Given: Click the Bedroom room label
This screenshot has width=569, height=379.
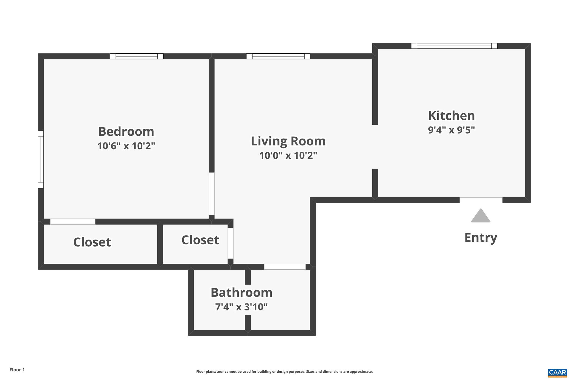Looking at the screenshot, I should (126, 132).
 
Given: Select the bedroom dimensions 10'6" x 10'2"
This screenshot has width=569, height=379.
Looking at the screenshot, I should (126, 146).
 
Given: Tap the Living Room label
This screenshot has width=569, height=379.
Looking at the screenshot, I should (288, 141).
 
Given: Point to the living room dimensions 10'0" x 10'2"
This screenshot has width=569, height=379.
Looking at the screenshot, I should (288, 156).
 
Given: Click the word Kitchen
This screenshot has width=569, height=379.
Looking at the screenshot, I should (451, 116).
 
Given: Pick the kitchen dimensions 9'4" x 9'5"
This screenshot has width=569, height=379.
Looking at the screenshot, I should (451, 130).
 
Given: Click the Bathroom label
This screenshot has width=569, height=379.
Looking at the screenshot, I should (241, 293).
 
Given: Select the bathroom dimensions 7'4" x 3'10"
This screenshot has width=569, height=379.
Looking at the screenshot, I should (241, 307).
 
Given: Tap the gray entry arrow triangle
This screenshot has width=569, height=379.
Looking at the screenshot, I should (481, 216).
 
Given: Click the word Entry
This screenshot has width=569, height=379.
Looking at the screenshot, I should (481, 238).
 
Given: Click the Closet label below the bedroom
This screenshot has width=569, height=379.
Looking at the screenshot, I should (92, 242).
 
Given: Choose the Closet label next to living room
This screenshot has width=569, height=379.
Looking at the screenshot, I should (200, 240).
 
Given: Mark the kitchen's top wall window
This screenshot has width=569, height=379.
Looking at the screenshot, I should (454, 46).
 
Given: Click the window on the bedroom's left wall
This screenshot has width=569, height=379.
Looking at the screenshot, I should (41, 159).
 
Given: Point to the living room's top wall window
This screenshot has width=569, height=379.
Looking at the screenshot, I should (278, 56).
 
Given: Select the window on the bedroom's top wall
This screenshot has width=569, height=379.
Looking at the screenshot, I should (136, 56).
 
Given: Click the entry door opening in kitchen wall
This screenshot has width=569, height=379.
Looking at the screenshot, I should (481, 200).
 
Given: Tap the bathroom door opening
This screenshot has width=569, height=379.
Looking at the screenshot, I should (285, 267).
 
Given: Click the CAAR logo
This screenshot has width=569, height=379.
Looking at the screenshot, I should (557, 373).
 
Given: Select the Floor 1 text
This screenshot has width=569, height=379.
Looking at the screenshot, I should (17, 370).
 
